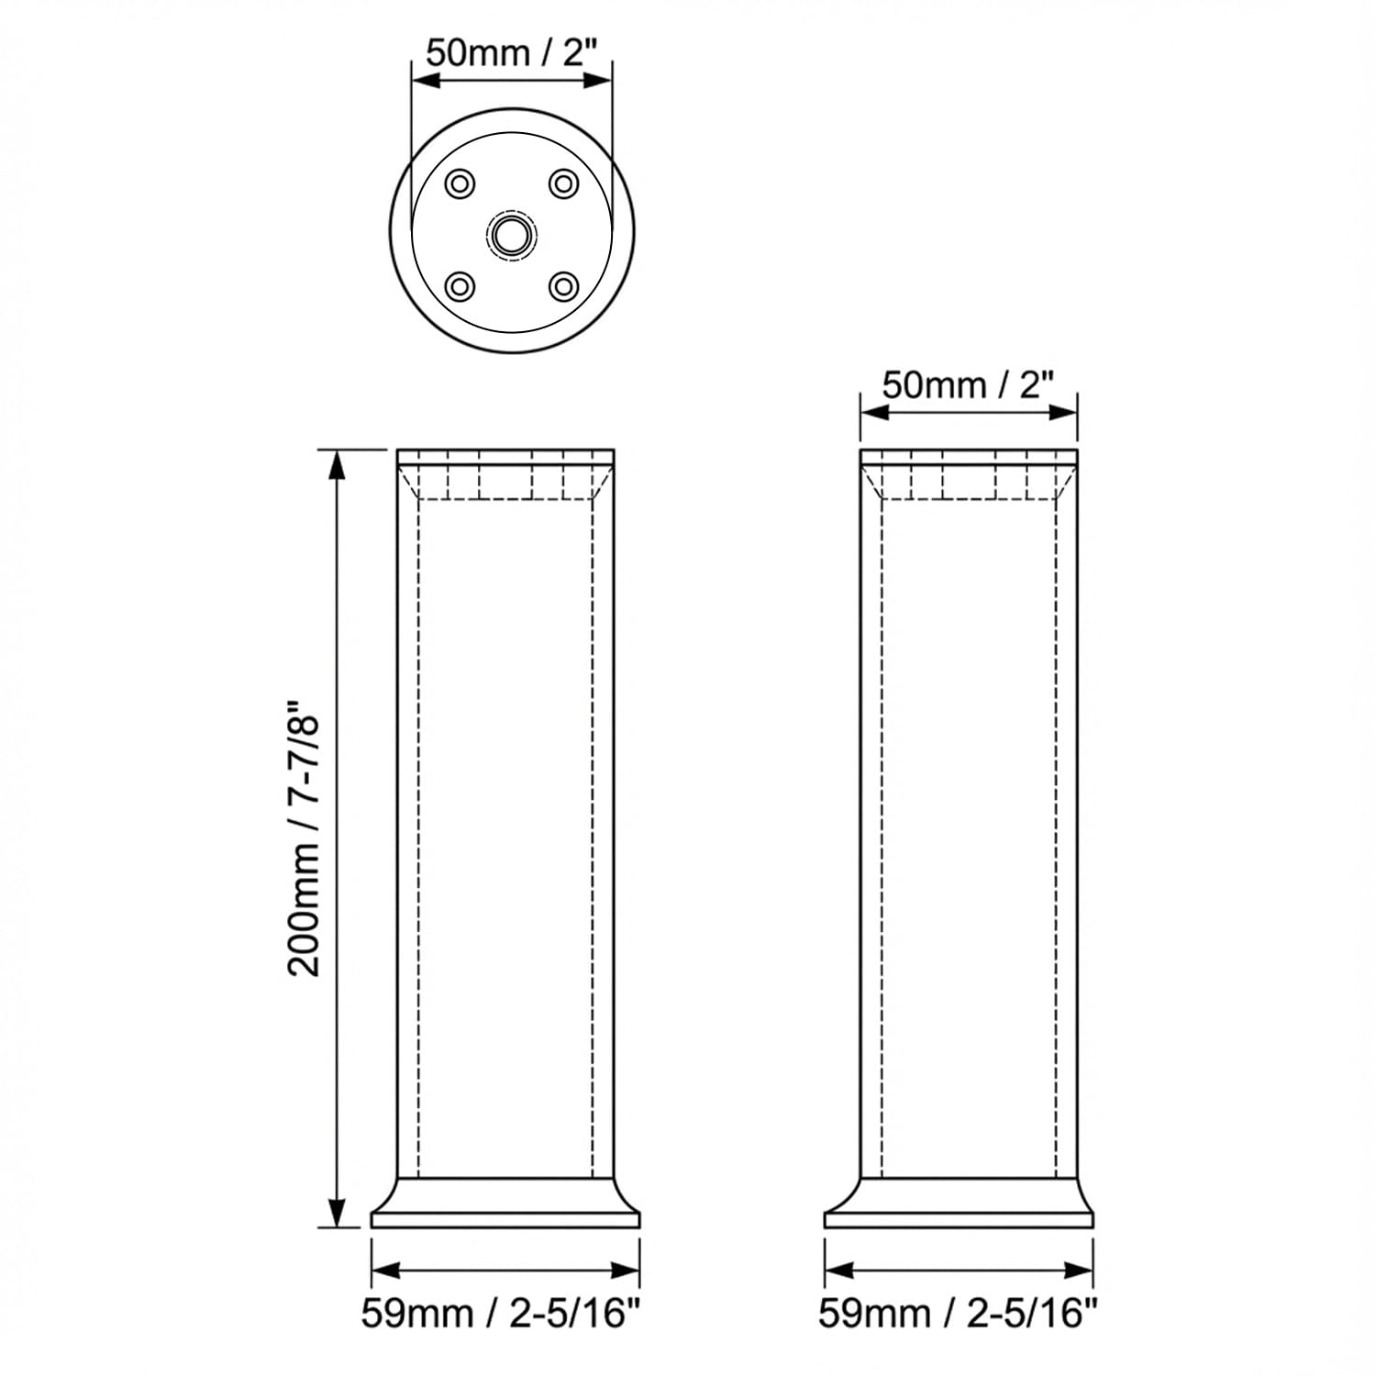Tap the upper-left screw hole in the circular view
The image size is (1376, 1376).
460,184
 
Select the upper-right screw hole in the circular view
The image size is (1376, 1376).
563,184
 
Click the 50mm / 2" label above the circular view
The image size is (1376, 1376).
511,52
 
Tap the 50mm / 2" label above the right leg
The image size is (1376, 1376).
969,384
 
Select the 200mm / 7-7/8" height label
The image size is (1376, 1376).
305,838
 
